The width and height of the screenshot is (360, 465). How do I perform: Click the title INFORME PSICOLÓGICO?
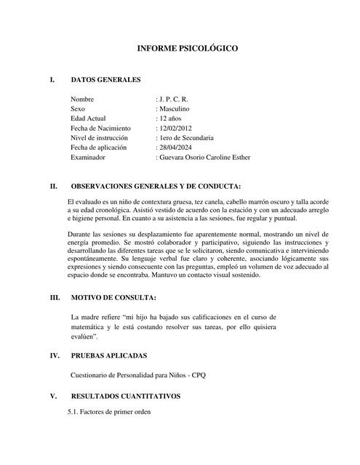(188, 49)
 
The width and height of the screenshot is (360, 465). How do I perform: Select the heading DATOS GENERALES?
(105, 80)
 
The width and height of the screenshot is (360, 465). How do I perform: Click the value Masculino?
(177, 108)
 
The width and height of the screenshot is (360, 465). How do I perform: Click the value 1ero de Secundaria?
(186, 137)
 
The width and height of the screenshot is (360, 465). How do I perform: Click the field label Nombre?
(83, 97)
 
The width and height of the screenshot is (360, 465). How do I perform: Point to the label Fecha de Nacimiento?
(100, 127)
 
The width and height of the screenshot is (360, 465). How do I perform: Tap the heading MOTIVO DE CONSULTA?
(113, 298)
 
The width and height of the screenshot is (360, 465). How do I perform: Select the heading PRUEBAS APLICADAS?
(108, 356)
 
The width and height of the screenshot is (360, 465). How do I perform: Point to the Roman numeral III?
(54, 298)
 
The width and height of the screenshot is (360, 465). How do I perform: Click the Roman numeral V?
(52, 397)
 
